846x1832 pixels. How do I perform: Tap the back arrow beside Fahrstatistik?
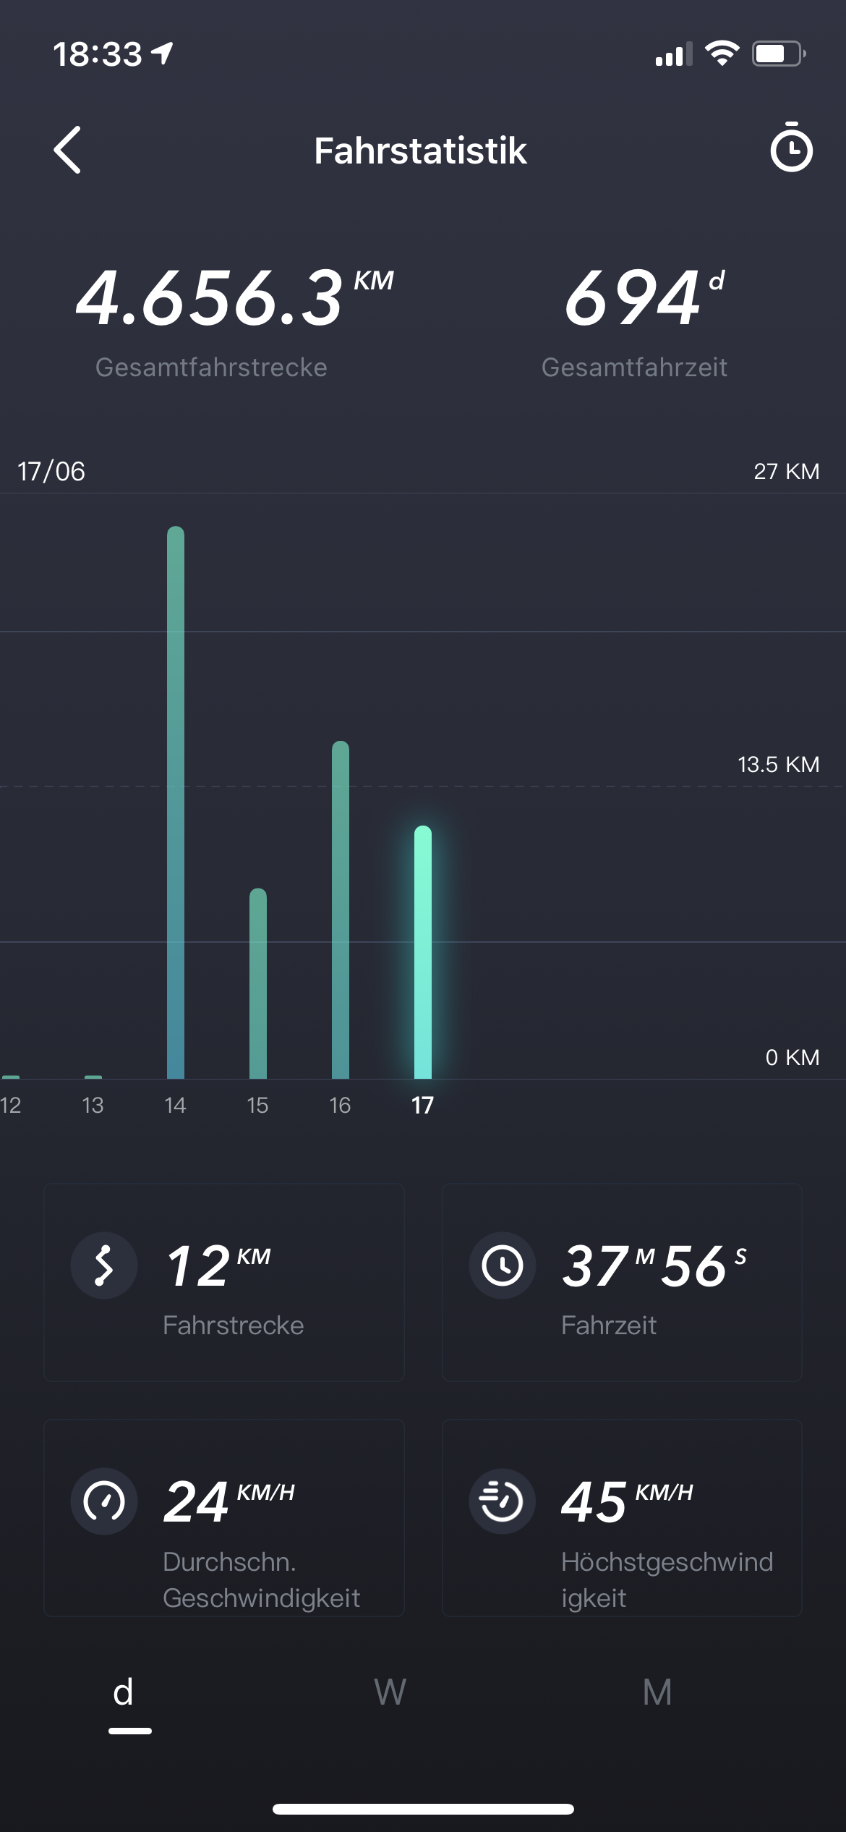pyautogui.click(x=67, y=150)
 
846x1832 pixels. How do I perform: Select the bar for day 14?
pyautogui.click(x=176, y=803)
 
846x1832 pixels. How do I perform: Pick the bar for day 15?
pyautogui.click(x=258, y=984)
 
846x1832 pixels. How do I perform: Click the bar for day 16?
pyautogui.click(x=341, y=910)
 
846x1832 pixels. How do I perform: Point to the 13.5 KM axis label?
pyautogui.click(x=778, y=765)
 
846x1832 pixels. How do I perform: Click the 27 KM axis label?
pyautogui.click(x=786, y=472)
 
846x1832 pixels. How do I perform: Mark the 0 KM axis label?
pyautogui.click(x=792, y=1058)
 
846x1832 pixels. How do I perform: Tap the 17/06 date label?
pyautogui.click(x=51, y=472)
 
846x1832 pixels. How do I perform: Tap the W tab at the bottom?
pyautogui.click(x=390, y=1693)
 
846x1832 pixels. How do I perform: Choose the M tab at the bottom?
pyautogui.click(x=657, y=1693)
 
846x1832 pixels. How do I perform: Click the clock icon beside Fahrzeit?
pyautogui.click(x=503, y=1265)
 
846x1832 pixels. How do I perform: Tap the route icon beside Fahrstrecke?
pyautogui.click(x=104, y=1265)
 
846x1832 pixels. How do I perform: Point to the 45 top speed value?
pyautogui.click(x=594, y=1502)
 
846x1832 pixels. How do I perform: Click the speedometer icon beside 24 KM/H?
pyautogui.click(x=104, y=1501)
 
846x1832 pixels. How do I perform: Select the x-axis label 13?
pyautogui.click(x=93, y=1106)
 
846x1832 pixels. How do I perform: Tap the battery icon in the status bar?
pyautogui.click(x=778, y=54)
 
